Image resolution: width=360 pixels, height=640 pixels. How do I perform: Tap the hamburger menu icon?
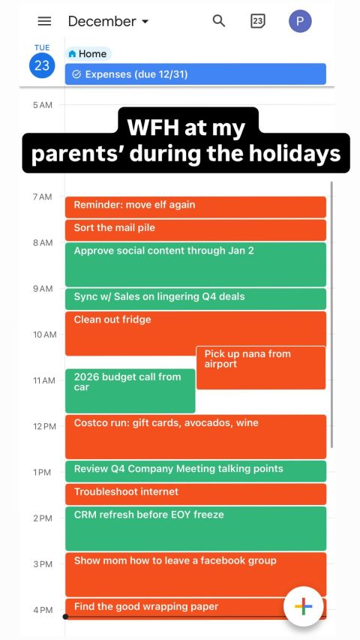click(44, 21)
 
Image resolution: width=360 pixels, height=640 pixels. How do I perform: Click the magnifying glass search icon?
click(219, 21)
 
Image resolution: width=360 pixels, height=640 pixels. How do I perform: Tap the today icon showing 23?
click(257, 21)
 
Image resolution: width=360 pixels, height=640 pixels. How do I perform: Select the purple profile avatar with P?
click(300, 21)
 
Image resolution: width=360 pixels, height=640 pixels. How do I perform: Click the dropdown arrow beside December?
click(145, 22)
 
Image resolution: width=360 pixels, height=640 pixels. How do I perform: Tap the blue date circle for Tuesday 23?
click(42, 65)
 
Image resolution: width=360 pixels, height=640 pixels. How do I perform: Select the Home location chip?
click(88, 54)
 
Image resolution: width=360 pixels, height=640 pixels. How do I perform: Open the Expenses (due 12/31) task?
click(196, 74)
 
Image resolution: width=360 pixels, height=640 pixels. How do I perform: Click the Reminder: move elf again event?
click(196, 207)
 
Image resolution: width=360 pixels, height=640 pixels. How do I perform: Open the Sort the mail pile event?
click(196, 230)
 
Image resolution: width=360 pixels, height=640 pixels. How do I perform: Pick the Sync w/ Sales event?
click(196, 299)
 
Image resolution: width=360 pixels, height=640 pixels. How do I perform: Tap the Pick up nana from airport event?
click(261, 368)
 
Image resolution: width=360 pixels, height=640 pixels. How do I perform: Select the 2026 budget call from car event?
click(130, 391)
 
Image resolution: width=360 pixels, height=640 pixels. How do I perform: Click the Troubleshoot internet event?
click(196, 494)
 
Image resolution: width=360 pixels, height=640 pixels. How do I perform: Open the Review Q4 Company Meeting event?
click(196, 471)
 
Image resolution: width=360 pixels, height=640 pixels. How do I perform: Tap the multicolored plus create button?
click(303, 606)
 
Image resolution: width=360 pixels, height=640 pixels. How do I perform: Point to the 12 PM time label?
click(44, 426)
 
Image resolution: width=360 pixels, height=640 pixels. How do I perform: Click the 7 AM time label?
click(43, 197)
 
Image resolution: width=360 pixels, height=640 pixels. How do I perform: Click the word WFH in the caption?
click(153, 128)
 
